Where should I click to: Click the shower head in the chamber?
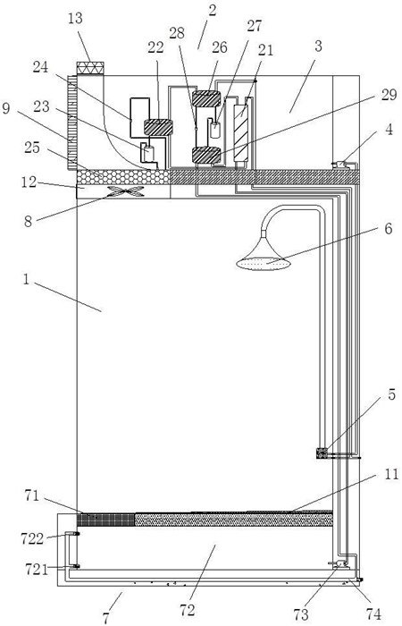point(264,256)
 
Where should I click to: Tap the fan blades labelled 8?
point(127,191)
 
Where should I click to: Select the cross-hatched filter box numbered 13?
point(90,68)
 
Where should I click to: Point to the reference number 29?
point(388,95)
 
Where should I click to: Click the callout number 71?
point(32,496)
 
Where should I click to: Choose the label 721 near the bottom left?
point(37,569)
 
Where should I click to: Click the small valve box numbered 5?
point(322,453)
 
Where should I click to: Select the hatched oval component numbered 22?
point(158,127)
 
